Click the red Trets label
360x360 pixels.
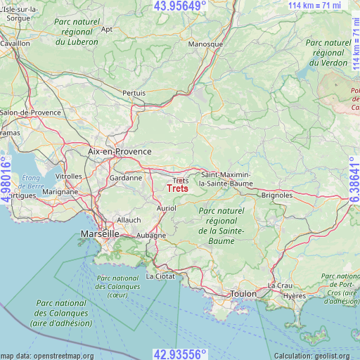[178, 188]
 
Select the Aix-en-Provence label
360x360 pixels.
[120, 151]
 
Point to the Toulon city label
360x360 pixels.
[245, 294]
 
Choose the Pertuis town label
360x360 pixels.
[134, 93]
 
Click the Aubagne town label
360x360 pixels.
[150, 236]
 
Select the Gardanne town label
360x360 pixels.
[126, 178]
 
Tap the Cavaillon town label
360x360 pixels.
[15, 43]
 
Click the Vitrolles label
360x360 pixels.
[69, 176]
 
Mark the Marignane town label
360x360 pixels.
[60, 191]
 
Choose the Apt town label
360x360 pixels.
[107, 30]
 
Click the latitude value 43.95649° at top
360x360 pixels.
[180, 6]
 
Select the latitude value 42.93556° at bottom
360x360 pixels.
[180, 354]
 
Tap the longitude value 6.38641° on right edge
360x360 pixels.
[354, 180]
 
